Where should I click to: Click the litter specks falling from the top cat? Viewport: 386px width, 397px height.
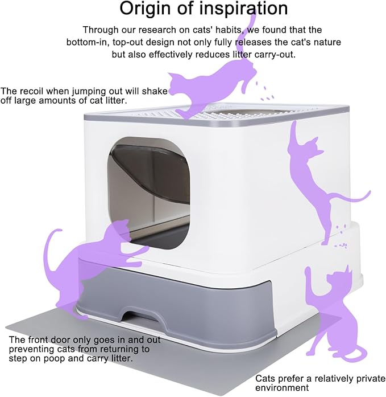click(263, 90)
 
